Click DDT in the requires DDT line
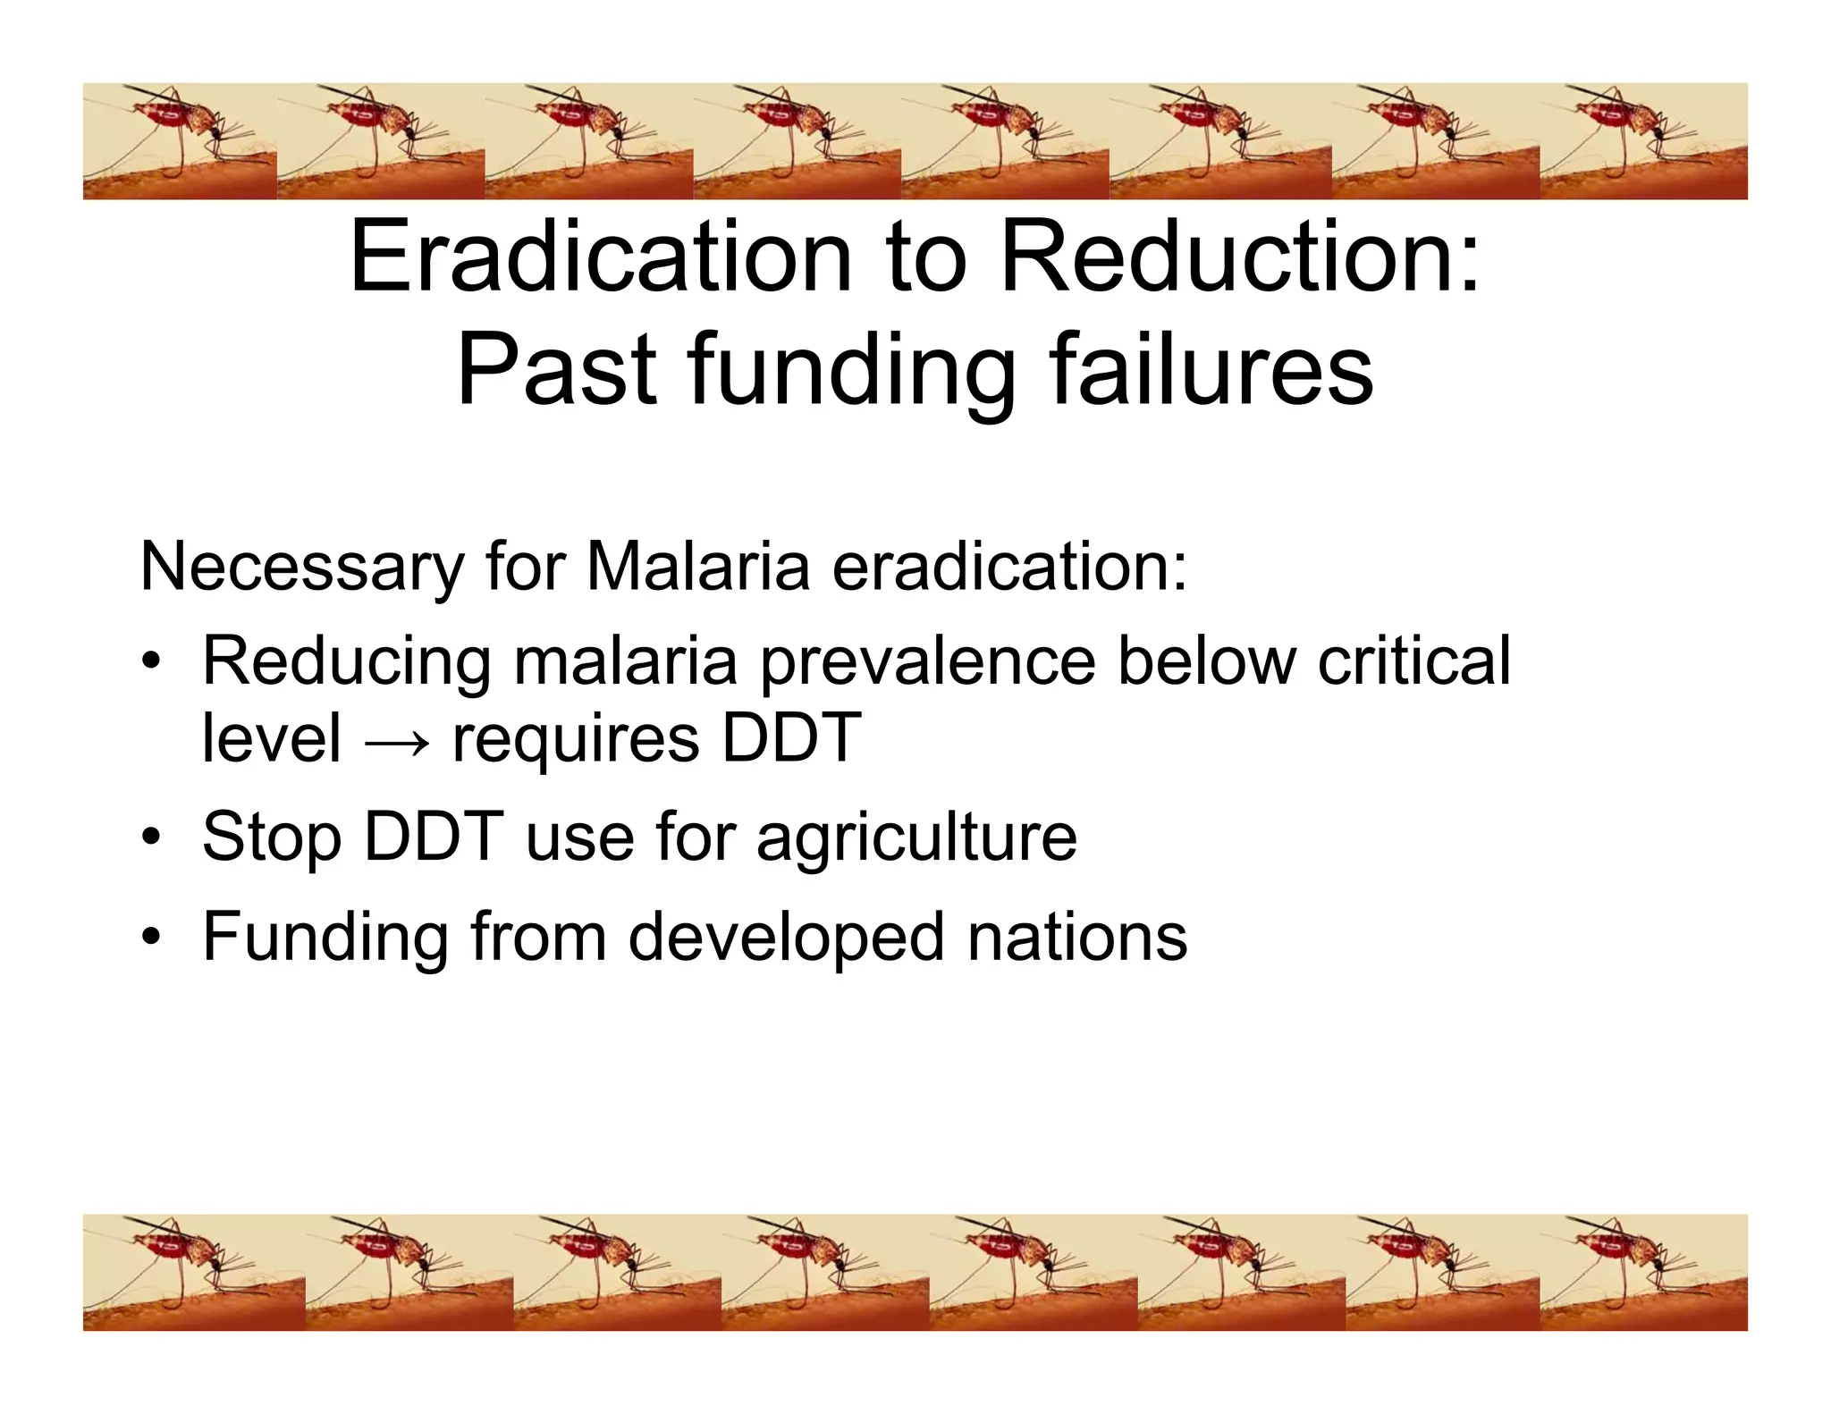791,738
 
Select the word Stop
271,838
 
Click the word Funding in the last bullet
325,937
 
